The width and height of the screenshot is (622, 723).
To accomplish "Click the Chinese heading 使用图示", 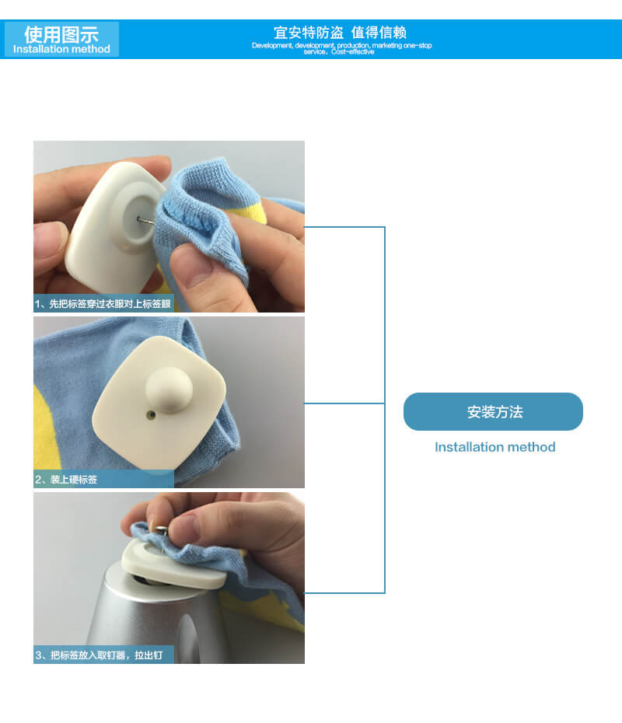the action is click(61, 34).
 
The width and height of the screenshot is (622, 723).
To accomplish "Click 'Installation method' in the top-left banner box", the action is click(61, 49).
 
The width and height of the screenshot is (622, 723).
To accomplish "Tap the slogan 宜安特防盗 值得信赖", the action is click(341, 33).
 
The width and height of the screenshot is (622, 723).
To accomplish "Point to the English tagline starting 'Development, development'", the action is click(341, 48).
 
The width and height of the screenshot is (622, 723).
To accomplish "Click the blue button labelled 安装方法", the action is click(493, 411).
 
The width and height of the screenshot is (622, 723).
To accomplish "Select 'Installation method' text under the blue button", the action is click(494, 447).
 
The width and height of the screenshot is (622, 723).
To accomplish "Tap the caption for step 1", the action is click(103, 304).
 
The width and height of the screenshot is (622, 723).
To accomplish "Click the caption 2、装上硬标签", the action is click(66, 480).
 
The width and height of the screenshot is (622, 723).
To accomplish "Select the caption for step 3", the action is click(99, 655).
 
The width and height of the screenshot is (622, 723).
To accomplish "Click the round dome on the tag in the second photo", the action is click(169, 389).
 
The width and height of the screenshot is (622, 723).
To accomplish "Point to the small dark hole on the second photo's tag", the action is click(151, 415).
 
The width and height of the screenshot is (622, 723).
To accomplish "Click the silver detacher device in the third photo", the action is click(157, 618).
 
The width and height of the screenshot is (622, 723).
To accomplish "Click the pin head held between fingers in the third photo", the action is click(160, 529).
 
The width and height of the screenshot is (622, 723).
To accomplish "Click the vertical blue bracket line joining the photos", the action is click(385, 410).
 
